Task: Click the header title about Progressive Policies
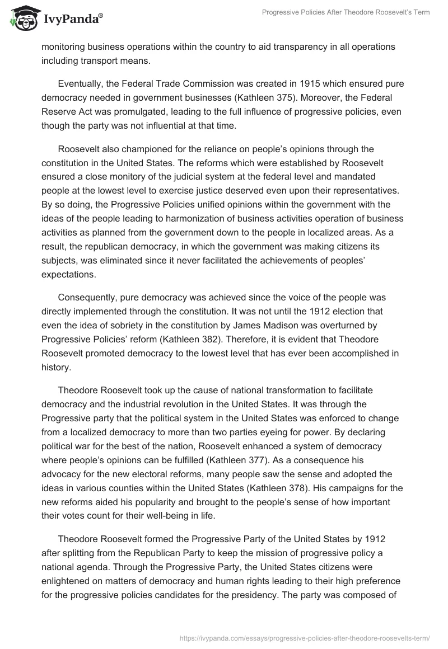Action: click(346, 12)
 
